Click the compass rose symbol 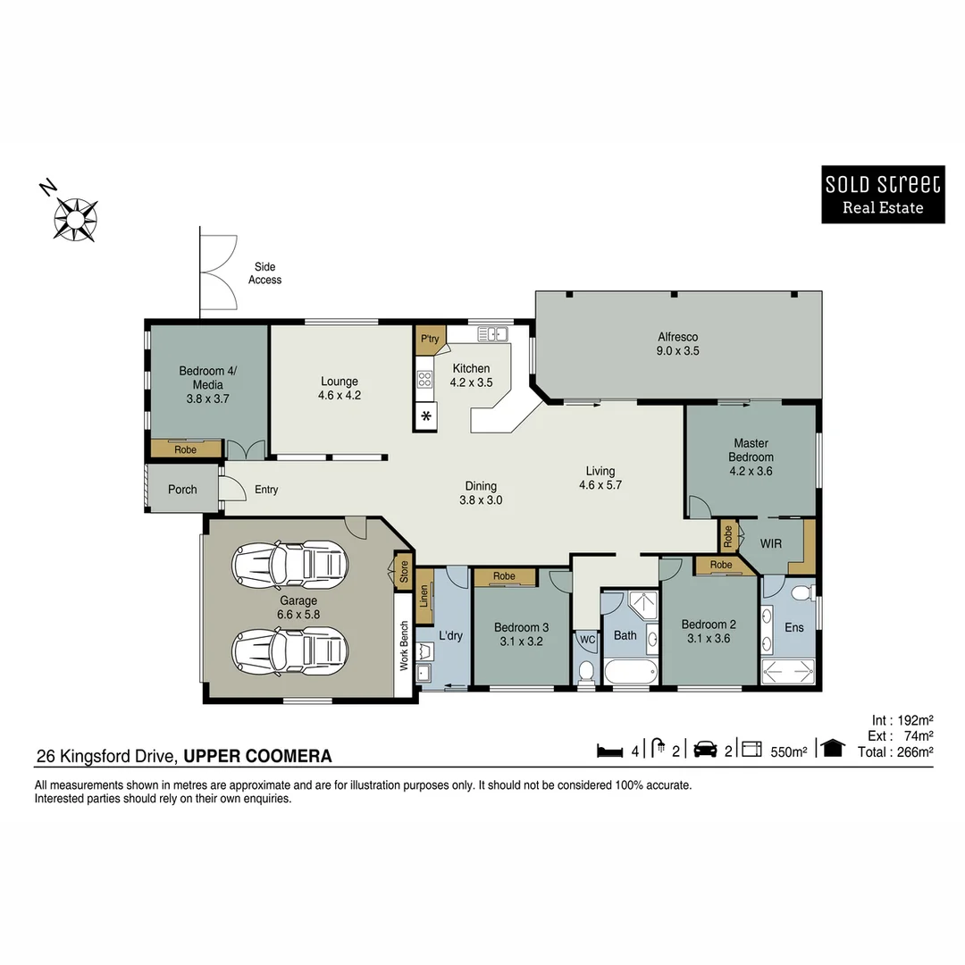pyautogui.click(x=75, y=217)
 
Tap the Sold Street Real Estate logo pyautogui.click(x=882, y=195)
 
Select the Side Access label pyautogui.click(x=264, y=273)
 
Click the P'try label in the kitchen pyautogui.click(x=431, y=338)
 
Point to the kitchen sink pyautogui.click(x=492, y=334)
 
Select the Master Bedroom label pyautogui.click(x=751, y=449)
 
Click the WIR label pyautogui.click(x=771, y=543)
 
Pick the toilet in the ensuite pyautogui.click(x=800, y=592)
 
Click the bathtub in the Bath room pyautogui.click(x=631, y=671)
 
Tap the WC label pyautogui.click(x=587, y=639)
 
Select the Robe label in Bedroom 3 pyautogui.click(x=504, y=577)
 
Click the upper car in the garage pyautogui.click(x=289, y=564)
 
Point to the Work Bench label pyautogui.click(x=404, y=646)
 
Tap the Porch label pyautogui.click(x=182, y=490)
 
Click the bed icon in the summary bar pyautogui.click(x=609, y=751)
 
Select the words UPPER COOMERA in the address pyautogui.click(x=257, y=756)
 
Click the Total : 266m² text pyautogui.click(x=895, y=751)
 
